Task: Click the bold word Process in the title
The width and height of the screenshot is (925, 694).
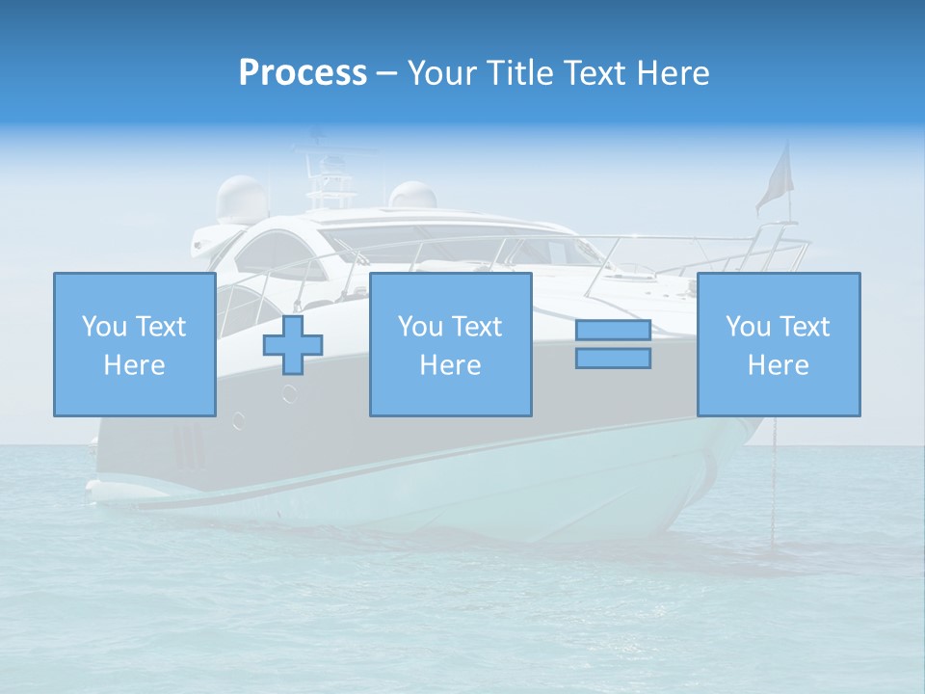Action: tap(303, 73)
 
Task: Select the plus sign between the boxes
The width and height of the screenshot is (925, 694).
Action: tap(293, 345)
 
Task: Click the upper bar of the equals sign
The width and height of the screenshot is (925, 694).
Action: tap(613, 331)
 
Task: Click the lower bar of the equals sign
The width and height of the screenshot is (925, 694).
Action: tap(613, 359)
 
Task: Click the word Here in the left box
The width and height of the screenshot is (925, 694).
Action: tap(134, 365)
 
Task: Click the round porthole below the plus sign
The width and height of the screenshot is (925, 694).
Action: tap(289, 393)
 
